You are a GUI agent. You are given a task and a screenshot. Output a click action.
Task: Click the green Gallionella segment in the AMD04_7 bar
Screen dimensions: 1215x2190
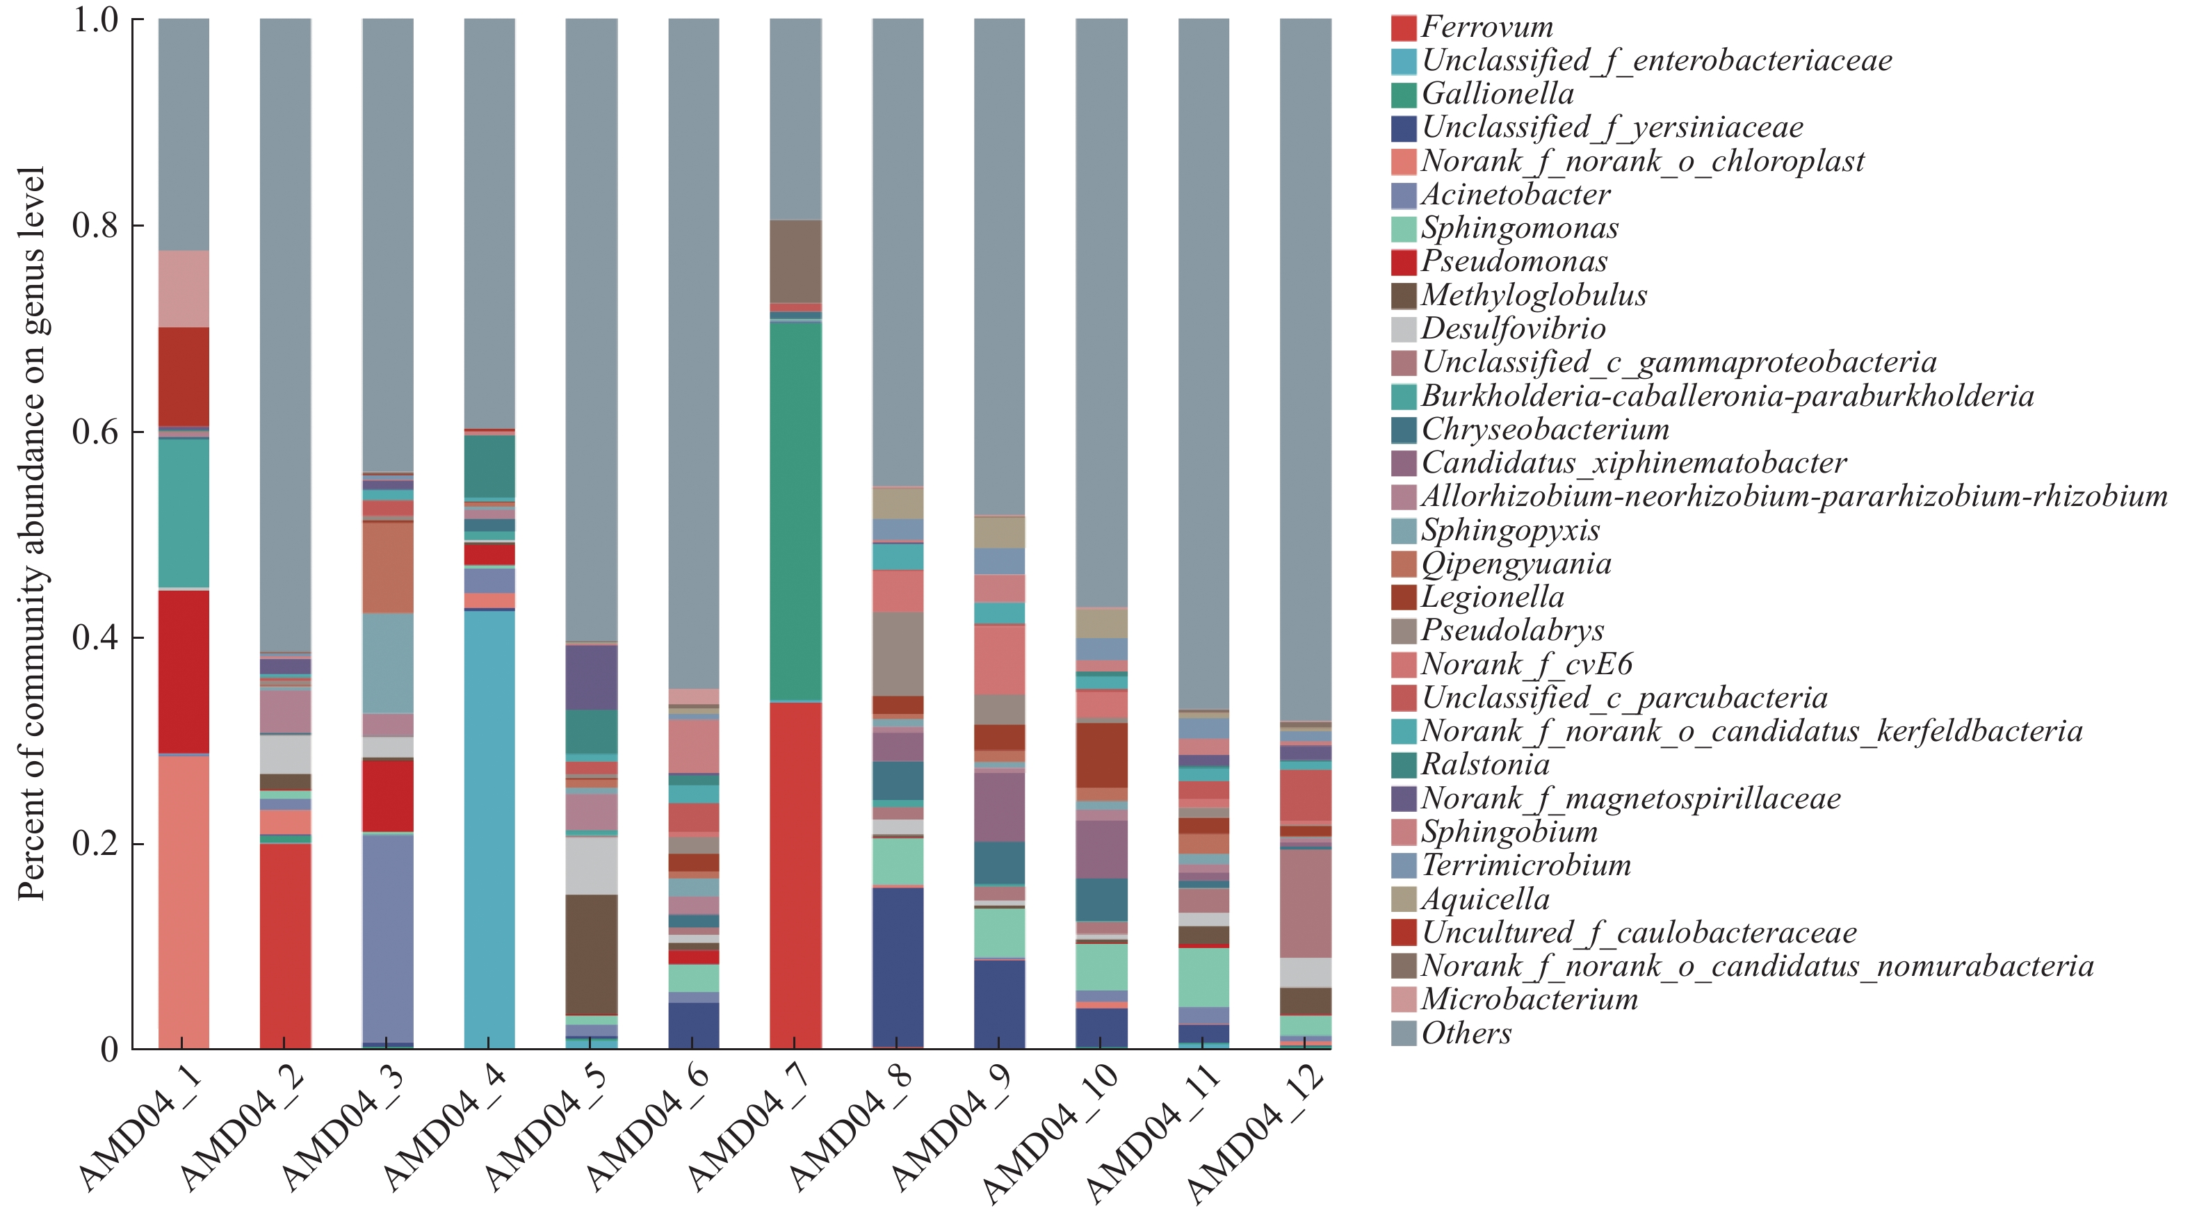[x=796, y=510]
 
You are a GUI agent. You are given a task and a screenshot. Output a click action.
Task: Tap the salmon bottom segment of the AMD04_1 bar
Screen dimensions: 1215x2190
[x=184, y=902]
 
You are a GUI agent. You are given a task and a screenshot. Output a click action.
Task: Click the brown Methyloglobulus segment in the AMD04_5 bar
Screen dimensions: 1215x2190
[x=592, y=954]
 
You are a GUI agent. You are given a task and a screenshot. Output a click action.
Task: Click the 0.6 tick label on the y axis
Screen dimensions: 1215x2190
[x=95, y=432]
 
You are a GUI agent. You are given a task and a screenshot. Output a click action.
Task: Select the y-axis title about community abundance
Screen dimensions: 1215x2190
[x=31, y=533]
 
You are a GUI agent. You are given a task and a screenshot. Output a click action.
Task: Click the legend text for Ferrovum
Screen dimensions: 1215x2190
[x=1487, y=27]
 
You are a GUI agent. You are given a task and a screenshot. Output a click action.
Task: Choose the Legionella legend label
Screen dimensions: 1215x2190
[x=1492, y=597]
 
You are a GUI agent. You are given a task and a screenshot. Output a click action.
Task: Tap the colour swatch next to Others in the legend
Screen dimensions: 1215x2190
[x=1404, y=1033]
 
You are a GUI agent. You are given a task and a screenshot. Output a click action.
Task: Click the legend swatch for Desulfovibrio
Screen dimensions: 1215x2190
[x=1404, y=329]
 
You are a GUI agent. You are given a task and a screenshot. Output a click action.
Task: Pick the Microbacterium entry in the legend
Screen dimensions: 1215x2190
[x=1529, y=999]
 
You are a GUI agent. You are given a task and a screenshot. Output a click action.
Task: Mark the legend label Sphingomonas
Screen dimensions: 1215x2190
[x=1519, y=228]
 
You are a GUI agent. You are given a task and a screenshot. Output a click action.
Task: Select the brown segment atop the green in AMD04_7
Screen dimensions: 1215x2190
[x=796, y=261]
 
